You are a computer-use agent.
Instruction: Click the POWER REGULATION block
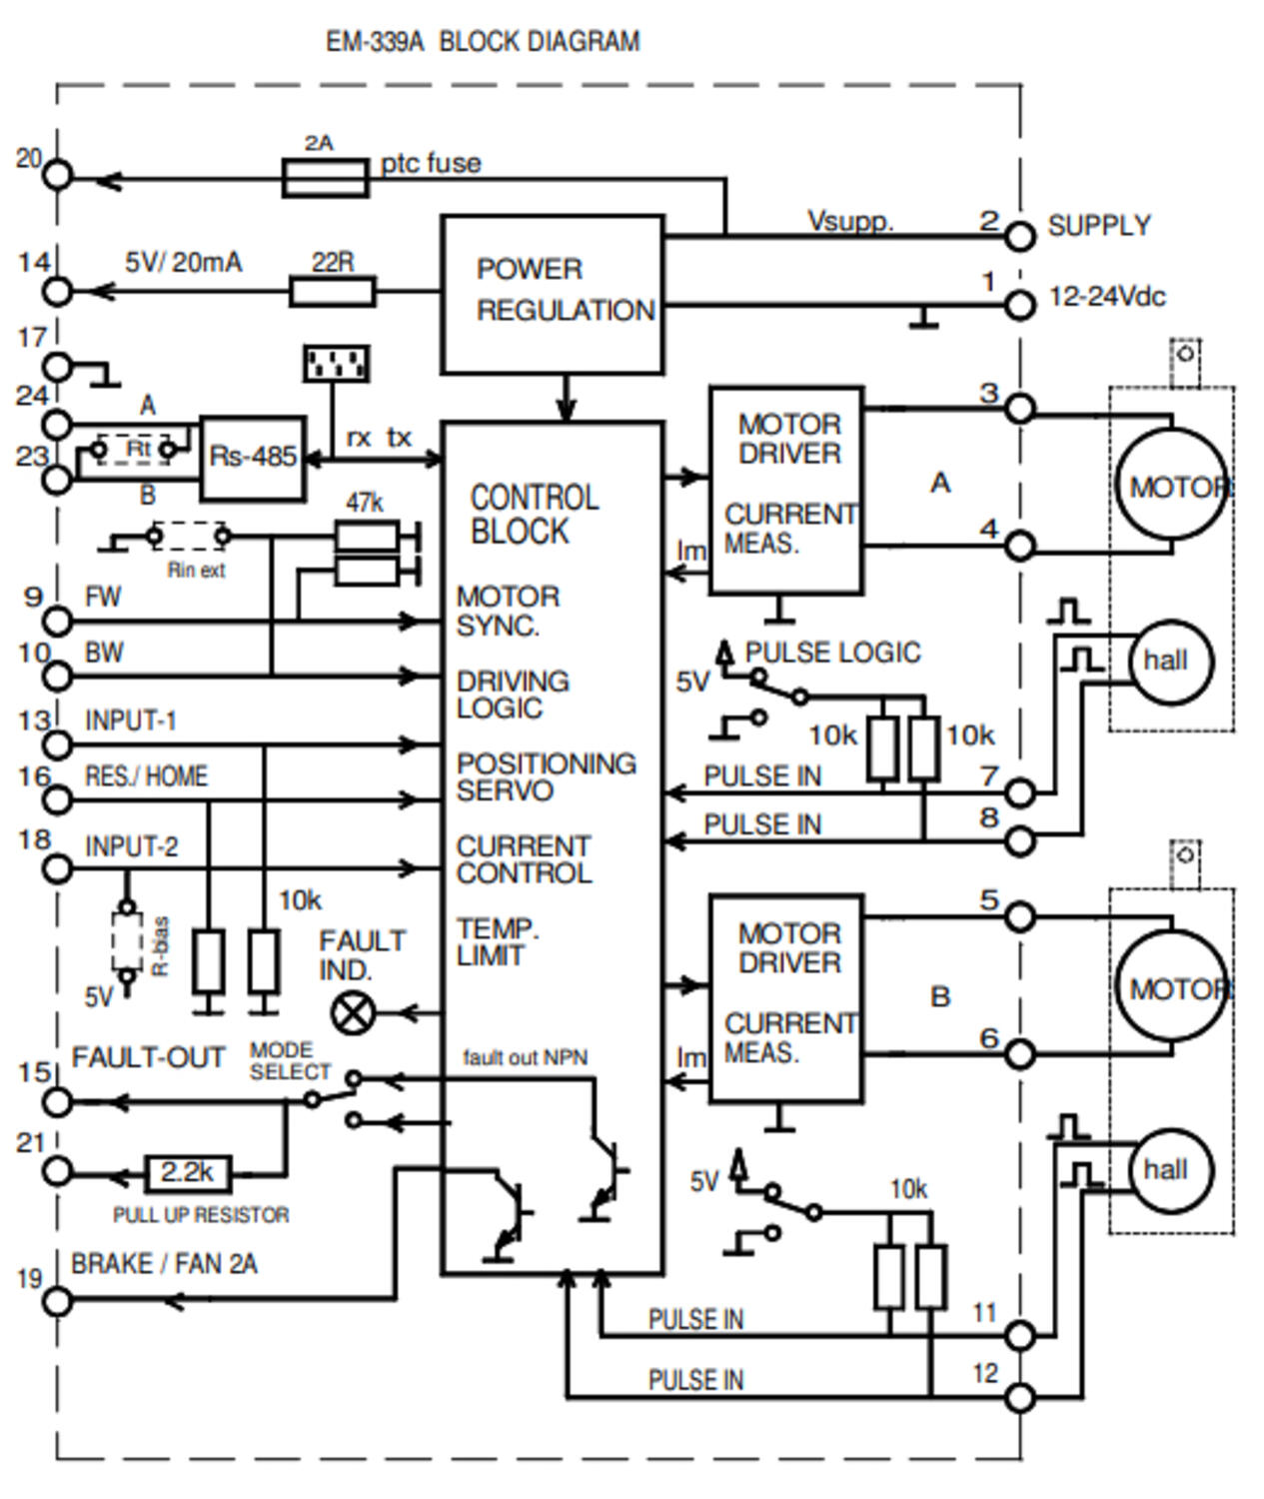(x=553, y=294)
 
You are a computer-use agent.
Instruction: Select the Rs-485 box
(x=253, y=458)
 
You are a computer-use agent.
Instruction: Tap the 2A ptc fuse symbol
(x=326, y=181)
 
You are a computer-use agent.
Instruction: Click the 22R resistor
(x=332, y=292)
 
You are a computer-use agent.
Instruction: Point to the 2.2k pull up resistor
(x=188, y=1173)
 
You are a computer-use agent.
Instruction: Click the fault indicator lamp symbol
(x=352, y=1013)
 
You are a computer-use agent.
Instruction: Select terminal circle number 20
(x=58, y=176)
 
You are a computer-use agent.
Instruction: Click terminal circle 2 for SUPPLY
(x=1018, y=237)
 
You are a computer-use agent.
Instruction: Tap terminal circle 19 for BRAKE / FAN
(x=58, y=1301)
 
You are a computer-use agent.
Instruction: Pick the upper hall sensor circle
(x=1170, y=661)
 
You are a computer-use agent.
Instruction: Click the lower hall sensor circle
(x=1170, y=1170)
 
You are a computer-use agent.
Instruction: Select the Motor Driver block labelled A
(x=786, y=490)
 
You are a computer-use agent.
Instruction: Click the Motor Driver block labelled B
(x=786, y=998)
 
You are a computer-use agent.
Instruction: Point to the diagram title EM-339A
(x=483, y=42)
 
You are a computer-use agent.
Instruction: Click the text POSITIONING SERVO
(x=546, y=777)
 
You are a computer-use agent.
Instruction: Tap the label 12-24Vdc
(x=1106, y=297)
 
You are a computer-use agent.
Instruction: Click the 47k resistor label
(x=364, y=502)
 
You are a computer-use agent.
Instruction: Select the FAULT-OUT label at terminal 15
(x=148, y=1057)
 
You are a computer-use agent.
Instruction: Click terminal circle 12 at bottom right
(x=1018, y=1397)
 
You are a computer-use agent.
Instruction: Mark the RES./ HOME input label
(x=146, y=776)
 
